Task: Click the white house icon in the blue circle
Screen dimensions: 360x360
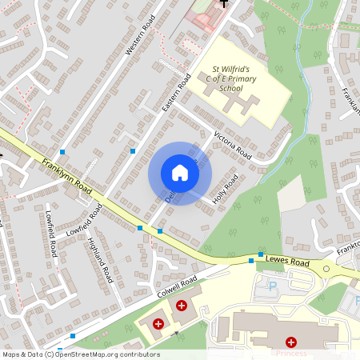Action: point(180,173)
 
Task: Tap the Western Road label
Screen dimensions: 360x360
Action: point(138,38)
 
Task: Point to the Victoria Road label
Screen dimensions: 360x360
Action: point(233,144)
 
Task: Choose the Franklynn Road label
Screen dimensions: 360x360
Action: point(68,176)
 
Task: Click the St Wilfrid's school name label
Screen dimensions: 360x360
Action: point(231,75)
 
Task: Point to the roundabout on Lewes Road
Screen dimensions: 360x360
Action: point(326,270)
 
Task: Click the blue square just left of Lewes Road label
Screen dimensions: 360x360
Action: point(251,261)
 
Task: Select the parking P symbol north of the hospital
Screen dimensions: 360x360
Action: point(272,285)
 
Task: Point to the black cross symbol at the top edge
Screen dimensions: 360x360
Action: point(224,3)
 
